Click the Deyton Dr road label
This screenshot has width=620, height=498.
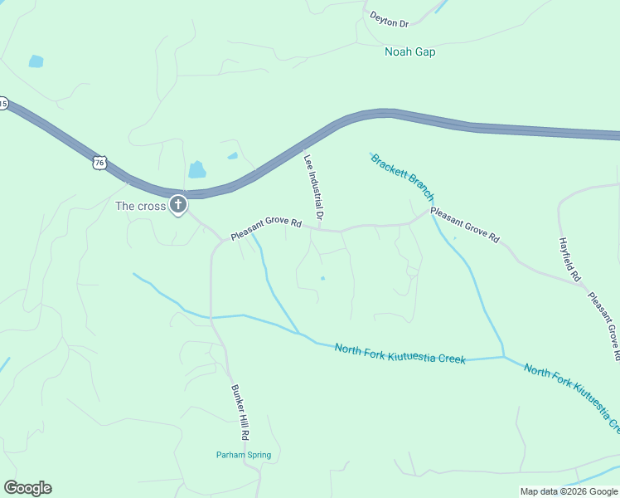[390, 19]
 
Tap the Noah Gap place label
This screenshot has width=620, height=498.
[409, 51]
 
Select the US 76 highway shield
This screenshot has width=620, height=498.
[99, 163]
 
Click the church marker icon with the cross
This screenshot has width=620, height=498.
[177, 204]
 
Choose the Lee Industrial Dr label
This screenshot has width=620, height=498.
[313, 187]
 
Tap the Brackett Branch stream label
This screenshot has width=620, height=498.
[402, 176]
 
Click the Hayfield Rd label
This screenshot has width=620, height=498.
[570, 256]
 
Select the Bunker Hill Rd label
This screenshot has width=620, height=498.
[240, 412]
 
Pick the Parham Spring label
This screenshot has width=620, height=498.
[244, 455]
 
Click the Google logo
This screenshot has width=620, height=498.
[27, 488]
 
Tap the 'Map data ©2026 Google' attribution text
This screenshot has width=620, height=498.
[569, 491]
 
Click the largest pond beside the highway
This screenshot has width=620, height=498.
[197, 169]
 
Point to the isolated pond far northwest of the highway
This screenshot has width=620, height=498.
[36, 61]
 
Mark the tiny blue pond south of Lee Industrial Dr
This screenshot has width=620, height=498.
[322, 278]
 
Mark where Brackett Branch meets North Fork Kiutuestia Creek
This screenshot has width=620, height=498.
[503, 357]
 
